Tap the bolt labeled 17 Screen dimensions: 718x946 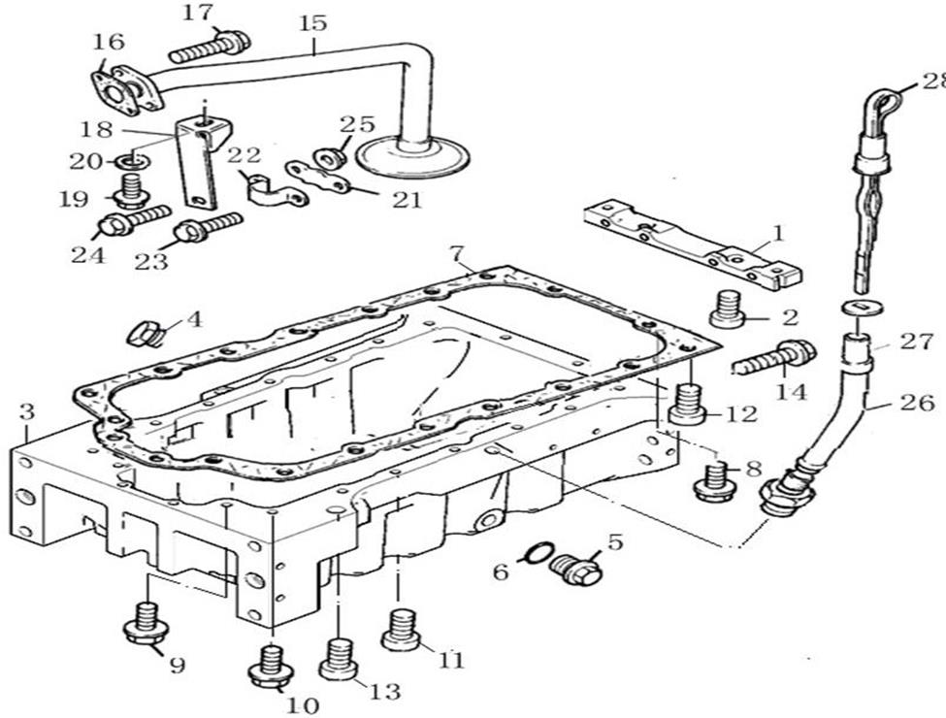(210, 45)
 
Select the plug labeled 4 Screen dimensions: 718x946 (148, 332)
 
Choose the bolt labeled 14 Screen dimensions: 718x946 (774, 358)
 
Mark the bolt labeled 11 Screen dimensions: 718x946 (402, 628)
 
